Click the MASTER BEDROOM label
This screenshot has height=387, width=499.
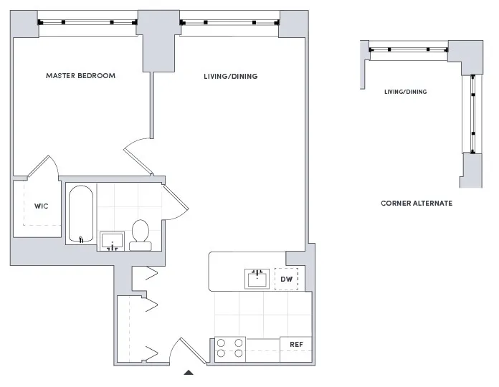pyautogui.click(x=80, y=75)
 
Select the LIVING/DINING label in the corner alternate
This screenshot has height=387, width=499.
pyautogui.click(x=405, y=92)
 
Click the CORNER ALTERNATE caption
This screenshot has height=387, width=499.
pyautogui.click(x=416, y=203)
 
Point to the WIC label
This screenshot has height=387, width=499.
pyautogui.click(x=41, y=206)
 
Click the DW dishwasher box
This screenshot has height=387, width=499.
pyautogui.click(x=286, y=279)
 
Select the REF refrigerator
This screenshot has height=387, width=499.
pyautogui.click(x=295, y=345)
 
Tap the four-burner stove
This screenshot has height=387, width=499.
pyautogui.click(x=229, y=348)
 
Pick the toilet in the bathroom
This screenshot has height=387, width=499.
pyautogui.click(x=140, y=235)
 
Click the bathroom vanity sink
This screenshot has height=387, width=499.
pyautogui.click(x=111, y=241)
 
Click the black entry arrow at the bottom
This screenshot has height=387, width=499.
pyautogui.click(x=189, y=372)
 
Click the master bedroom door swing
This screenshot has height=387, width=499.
pyautogui.click(x=138, y=156)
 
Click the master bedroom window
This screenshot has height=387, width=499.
pyautogui.click(x=87, y=22)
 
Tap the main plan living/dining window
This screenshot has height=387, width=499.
pyautogui.click(x=229, y=22)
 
